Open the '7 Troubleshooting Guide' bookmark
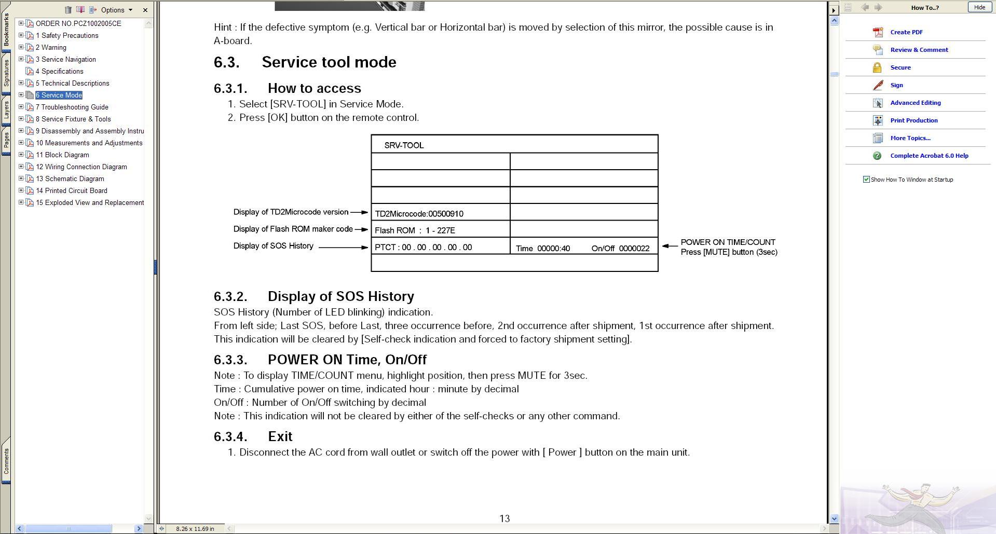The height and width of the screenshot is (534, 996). coord(72,107)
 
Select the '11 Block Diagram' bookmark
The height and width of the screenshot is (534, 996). coord(62,155)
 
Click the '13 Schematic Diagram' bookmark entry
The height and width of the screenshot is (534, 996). coord(70,179)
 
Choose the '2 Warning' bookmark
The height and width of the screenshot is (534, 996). coord(51,48)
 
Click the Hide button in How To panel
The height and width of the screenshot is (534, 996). coord(979,7)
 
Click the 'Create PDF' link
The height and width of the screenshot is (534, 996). coord(906,32)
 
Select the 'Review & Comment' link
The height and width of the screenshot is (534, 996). coord(919,50)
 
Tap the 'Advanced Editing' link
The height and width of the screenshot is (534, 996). coord(915,103)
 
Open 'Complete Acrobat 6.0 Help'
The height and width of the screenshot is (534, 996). coord(929,156)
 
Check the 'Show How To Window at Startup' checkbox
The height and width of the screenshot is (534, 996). coord(866,180)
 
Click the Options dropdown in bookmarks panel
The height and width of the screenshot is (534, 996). coord(117,10)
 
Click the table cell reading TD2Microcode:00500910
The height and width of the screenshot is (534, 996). coord(419,214)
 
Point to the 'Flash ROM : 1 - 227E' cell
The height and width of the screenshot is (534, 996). coord(415,230)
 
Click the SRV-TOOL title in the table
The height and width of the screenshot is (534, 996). coord(404,145)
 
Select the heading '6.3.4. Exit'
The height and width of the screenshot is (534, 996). coord(280,436)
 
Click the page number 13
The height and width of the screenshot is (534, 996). coord(504,518)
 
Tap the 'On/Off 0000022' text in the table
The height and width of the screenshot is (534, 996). coord(620,249)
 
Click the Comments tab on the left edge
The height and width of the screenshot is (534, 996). coord(6,461)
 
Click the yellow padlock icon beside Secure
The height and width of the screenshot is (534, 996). coord(877,67)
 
